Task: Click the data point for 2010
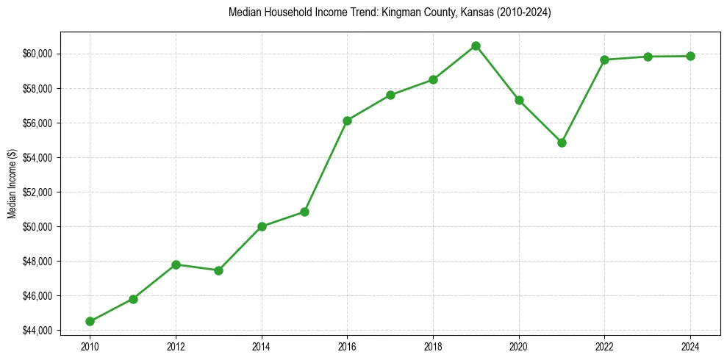click(x=90, y=321)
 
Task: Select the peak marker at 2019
click(x=476, y=46)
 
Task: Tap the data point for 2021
click(x=562, y=143)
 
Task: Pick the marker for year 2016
click(x=347, y=120)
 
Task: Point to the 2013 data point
click(x=218, y=270)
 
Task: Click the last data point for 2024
click(x=690, y=56)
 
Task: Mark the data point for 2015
click(x=304, y=212)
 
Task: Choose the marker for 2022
click(x=604, y=60)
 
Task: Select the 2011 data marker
click(x=133, y=299)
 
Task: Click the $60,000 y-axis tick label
click(x=37, y=54)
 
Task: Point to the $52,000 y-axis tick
click(x=37, y=192)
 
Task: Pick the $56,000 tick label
click(x=37, y=123)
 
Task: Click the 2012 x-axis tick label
click(x=176, y=346)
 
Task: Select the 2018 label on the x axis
click(x=433, y=346)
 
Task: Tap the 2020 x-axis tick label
click(x=519, y=346)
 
